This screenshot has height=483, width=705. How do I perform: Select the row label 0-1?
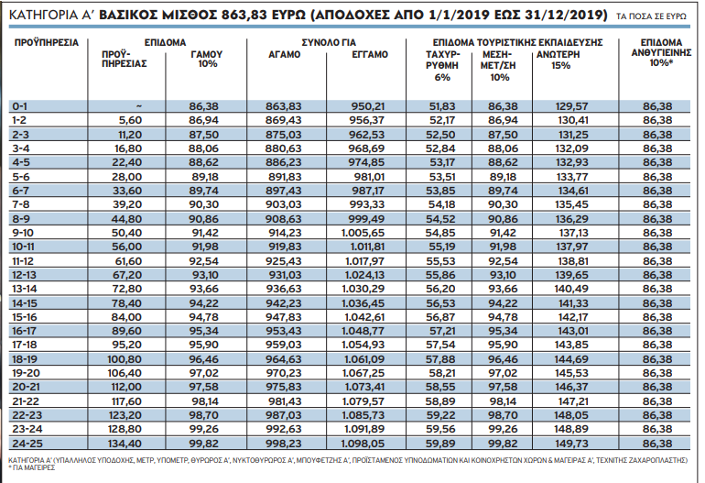pos(20,106)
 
